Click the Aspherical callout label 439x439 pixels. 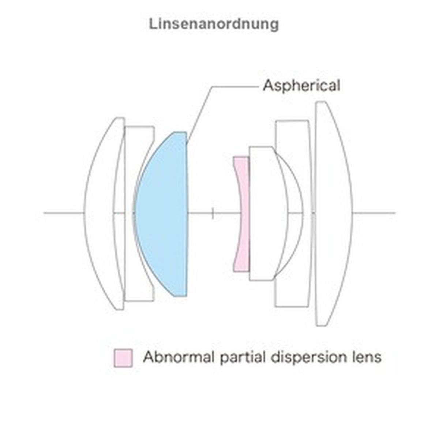[301, 86]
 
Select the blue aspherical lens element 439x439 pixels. [163, 214]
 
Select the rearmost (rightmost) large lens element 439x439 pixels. [333, 214]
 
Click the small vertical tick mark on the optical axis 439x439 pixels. [213, 213]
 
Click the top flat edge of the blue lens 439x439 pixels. [179, 132]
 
